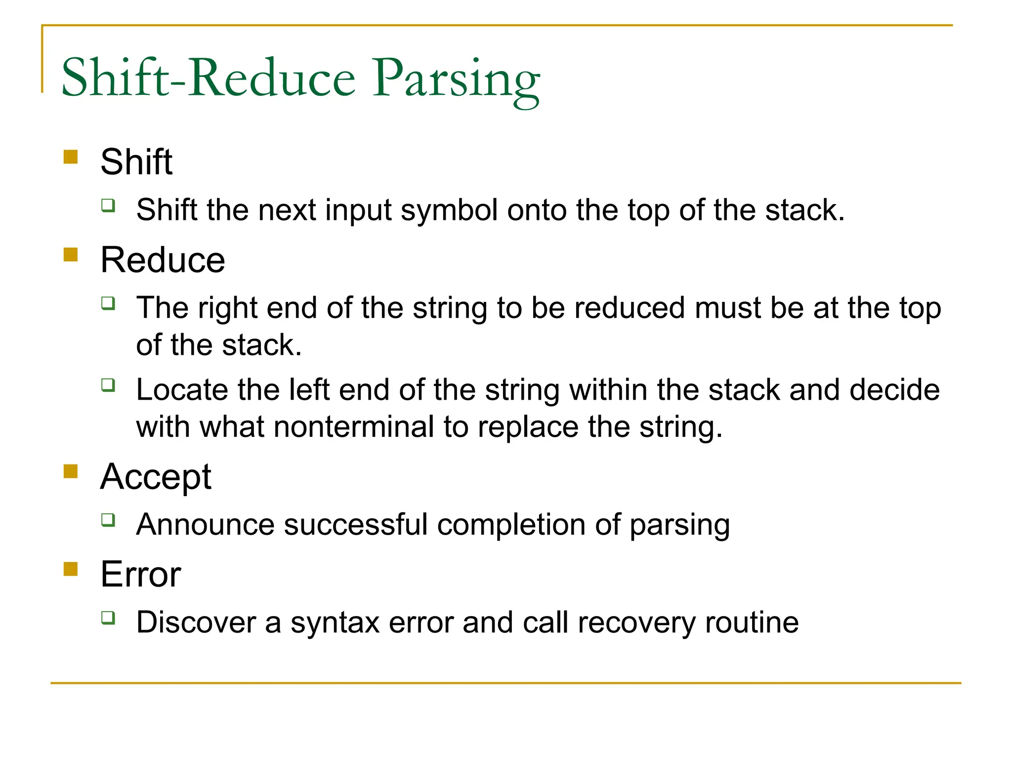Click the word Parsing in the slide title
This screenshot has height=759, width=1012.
(x=456, y=79)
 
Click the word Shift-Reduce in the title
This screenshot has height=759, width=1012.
(x=208, y=78)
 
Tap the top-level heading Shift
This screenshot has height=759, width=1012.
(x=136, y=162)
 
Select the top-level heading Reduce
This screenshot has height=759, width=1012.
(x=163, y=260)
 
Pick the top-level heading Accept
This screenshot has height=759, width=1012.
(x=156, y=477)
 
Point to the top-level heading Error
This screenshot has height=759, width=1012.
(x=141, y=575)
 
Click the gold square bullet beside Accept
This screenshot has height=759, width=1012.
(x=71, y=471)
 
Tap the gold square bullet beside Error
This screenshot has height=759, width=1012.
(x=71, y=569)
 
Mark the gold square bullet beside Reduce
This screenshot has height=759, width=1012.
(x=71, y=254)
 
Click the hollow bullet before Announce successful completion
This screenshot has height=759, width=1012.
(x=108, y=519)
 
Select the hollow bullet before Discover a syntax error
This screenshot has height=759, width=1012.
(x=108, y=617)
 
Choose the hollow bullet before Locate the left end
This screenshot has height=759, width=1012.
(x=108, y=384)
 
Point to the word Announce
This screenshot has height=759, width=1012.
(x=205, y=525)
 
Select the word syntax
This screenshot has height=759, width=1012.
(x=335, y=623)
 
